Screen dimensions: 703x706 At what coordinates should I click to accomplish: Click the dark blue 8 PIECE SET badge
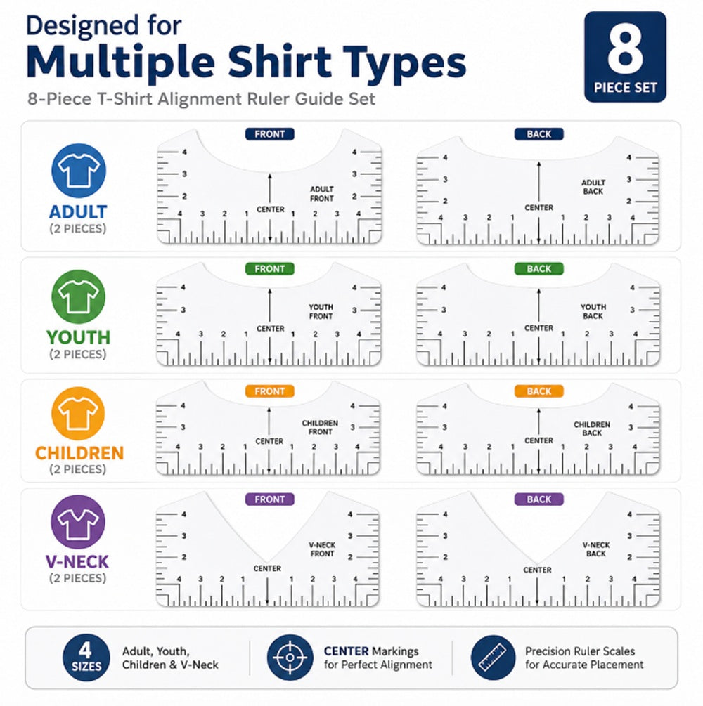[x=625, y=57]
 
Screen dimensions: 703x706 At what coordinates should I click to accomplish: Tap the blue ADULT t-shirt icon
[x=79, y=171]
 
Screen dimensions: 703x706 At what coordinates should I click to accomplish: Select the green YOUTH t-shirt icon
[x=79, y=296]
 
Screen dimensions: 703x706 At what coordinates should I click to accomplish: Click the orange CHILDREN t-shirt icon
[x=78, y=413]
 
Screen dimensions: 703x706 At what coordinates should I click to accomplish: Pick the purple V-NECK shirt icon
[x=78, y=522]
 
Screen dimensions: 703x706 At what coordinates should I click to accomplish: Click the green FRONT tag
[x=269, y=269]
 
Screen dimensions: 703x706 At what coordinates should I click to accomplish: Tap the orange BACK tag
[x=539, y=391]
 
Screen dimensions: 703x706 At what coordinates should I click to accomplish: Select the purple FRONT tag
[x=269, y=499]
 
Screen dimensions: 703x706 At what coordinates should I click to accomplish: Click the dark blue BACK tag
[x=539, y=134]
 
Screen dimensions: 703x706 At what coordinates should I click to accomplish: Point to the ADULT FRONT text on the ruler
[x=322, y=194]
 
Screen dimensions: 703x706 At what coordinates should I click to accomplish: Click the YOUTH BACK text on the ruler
[x=593, y=312]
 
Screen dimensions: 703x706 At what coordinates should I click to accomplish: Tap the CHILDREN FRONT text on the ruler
[x=320, y=427]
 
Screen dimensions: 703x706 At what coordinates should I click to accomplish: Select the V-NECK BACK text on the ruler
[x=596, y=549]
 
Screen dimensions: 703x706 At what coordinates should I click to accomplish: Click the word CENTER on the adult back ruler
[x=539, y=207]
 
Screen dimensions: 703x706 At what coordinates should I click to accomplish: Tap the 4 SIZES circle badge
[x=86, y=658]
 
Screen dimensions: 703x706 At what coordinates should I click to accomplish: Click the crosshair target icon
[x=290, y=658]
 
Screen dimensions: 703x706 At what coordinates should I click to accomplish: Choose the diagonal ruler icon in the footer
[x=494, y=658]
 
